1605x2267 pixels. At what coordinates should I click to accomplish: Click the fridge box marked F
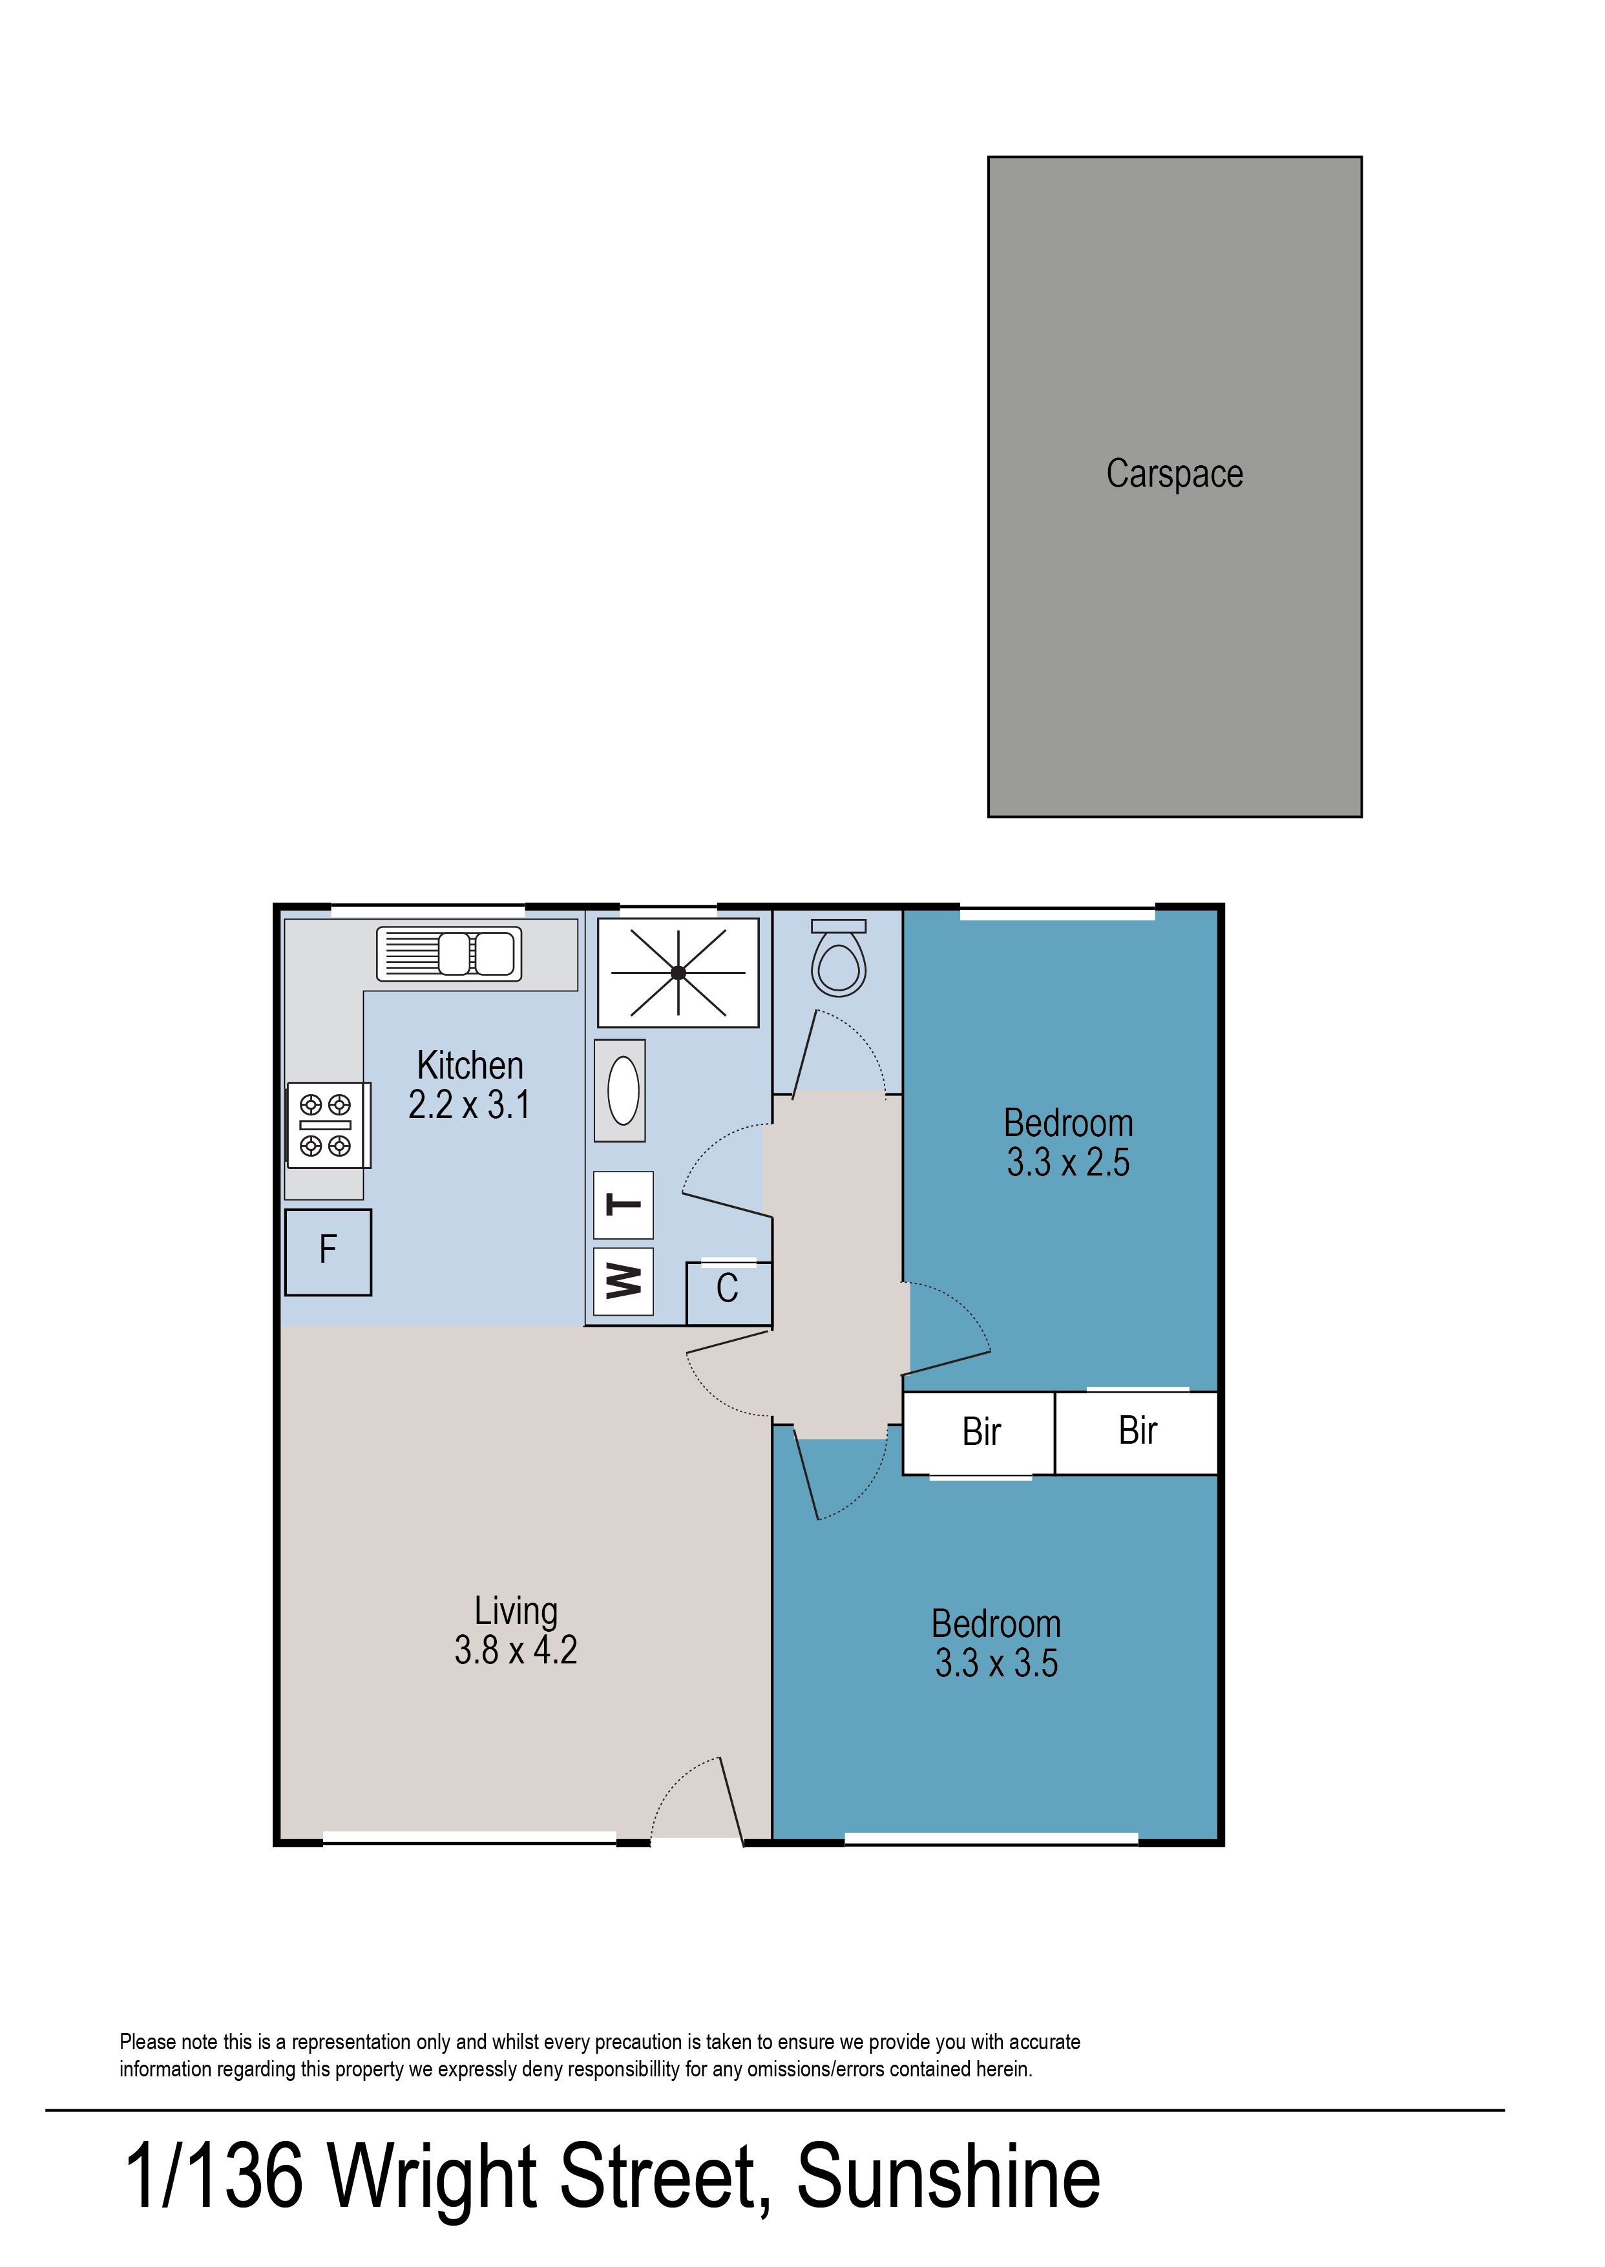coord(328,1252)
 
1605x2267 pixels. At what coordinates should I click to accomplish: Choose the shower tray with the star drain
coord(678,973)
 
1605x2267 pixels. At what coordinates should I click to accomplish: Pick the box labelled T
coord(624,1205)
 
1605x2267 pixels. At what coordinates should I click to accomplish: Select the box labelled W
coord(624,1281)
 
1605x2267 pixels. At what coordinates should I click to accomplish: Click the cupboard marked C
coord(728,1292)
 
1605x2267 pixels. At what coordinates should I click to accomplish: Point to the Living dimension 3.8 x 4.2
coord(516,1649)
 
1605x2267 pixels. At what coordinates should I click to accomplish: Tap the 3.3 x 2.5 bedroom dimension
coord(1068,1162)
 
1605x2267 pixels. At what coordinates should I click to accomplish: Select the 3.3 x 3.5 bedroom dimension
coord(996,1663)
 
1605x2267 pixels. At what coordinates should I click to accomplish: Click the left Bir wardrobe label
coord(981,1432)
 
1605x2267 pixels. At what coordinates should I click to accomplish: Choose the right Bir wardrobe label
coord(1138,1430)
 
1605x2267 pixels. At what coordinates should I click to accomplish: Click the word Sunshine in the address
coord(949,2177)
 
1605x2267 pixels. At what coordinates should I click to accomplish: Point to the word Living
coord(516,1612)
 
